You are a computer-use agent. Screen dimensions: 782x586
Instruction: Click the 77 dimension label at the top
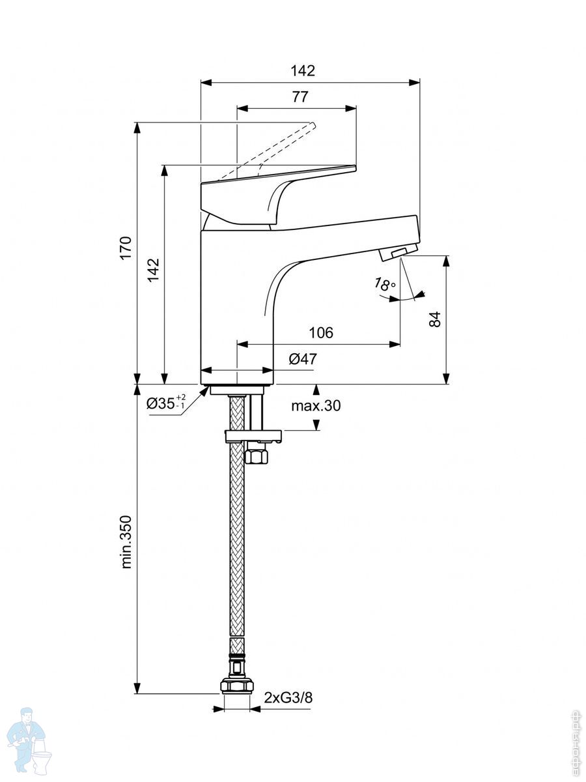[300, 97]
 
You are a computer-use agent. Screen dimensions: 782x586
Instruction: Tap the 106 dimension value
[321, 333]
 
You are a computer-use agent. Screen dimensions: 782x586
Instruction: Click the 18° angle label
[385, 284]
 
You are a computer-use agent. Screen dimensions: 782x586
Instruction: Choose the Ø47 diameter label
[302, 358]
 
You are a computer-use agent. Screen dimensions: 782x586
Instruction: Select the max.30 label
[316, 405]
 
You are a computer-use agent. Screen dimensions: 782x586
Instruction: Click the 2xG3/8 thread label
[288, 698]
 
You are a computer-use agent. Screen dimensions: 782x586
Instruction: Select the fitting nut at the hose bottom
[238, 686]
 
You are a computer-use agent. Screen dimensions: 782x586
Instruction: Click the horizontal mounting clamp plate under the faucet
[252, 435]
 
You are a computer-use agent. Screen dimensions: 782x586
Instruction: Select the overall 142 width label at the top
[303, 71]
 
